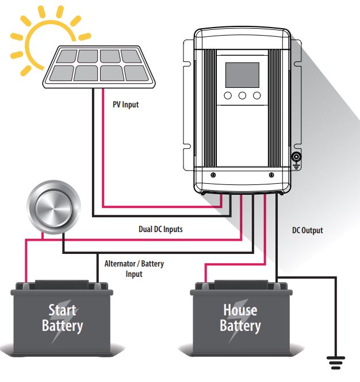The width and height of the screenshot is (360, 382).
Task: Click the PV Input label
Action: [125, 105]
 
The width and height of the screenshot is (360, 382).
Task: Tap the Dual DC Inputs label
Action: [160, 229]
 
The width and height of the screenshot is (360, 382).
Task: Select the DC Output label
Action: [307, 230]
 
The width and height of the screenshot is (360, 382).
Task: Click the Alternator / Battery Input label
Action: [134, 269]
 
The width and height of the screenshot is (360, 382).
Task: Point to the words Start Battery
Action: [62, 318]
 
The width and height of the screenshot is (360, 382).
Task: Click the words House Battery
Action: [240, 318]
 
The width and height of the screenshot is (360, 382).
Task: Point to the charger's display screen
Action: [242, 75]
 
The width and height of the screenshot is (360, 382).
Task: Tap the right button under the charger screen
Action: [256, 96]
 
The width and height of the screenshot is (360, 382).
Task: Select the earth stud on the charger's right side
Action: [297, 157]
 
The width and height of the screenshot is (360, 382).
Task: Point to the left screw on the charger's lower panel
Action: [213, 175]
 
